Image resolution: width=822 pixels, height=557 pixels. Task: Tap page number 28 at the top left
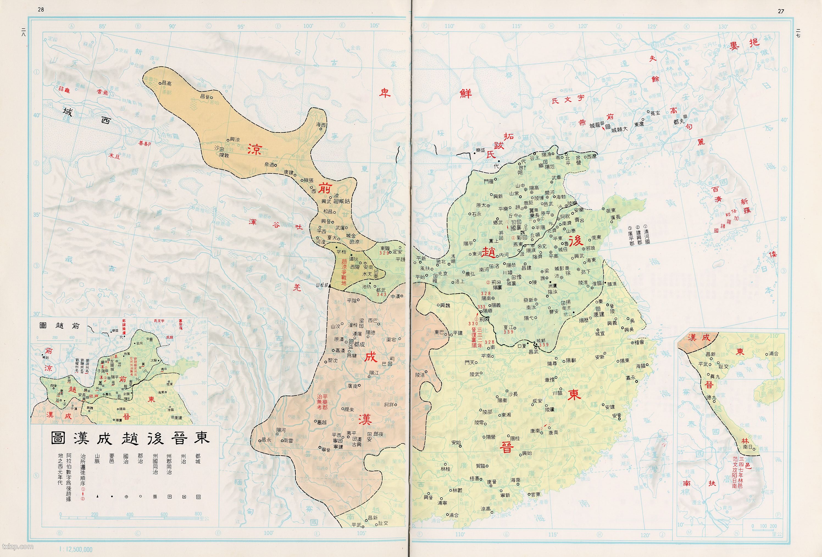pyautogui.click(x=41, y=10)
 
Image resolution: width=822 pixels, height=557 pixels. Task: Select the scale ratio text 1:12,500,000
pyautogui.click(x=76, y=549)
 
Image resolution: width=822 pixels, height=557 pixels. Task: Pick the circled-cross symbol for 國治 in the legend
pyautogui.click(x=126, y=497)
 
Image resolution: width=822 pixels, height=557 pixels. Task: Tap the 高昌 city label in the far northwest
pyautogui.click(x=166, y=84)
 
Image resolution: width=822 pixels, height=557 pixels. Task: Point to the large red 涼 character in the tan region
pyautogui.click(x=254, y=150)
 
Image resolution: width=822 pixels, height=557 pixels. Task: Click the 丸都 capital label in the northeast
pyautogui.click(x=679, y=121)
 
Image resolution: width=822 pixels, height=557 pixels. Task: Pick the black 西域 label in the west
pyautogui.click(x=86, y=117)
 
